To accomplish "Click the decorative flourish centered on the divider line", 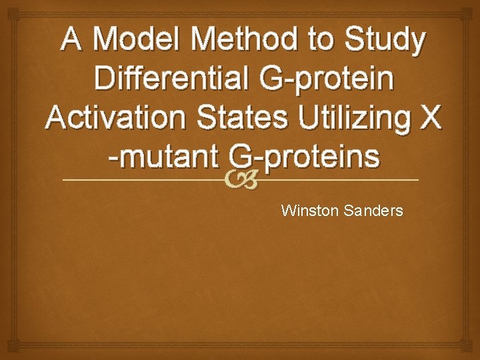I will (x=240, y=181).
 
